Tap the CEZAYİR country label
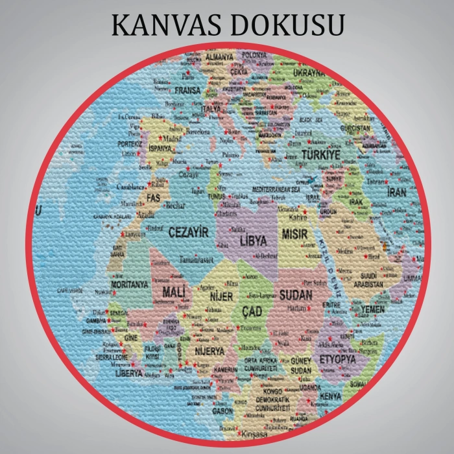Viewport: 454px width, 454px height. click(188, 232)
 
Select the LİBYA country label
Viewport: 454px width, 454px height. click(254, 241)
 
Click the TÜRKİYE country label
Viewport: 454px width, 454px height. click(320, 156)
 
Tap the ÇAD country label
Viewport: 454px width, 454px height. click(252, 312)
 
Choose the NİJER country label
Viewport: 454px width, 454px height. click(221, 296)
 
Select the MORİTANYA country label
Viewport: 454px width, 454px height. click(130, 284)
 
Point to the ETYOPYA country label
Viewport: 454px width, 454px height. click(337, 359)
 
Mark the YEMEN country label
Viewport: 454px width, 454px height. click(372, 309)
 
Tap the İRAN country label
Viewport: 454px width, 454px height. click(397, 193)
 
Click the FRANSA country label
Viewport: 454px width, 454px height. click(187, 91)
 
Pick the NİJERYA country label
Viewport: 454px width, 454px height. click(209, 351)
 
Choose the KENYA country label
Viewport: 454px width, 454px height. click(331, 396)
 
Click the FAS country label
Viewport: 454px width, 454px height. click(154, 196)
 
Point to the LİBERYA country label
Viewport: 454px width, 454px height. click(129, 374)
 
